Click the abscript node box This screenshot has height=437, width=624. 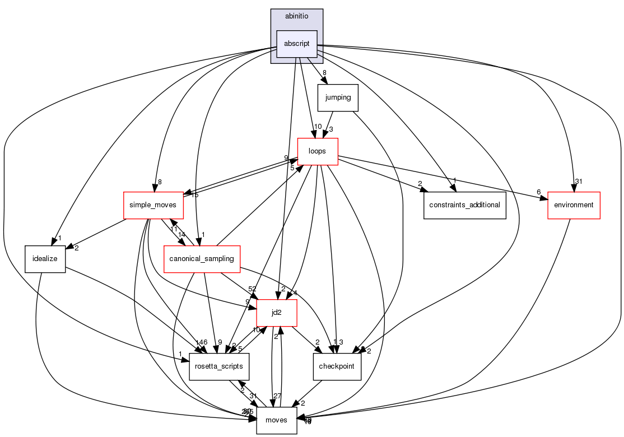(x=297, y=44)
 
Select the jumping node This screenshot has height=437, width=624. (x=338, y=97)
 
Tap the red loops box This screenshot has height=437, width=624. (x=317, y=151)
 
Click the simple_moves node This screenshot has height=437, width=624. (x=153, y=205)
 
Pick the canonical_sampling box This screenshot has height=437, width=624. (x=202, y=259)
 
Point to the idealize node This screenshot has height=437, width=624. (x=45, y=259)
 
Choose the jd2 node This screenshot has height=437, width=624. (x=276, y=313)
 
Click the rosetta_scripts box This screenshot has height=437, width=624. (x=218, y=366)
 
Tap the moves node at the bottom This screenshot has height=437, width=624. (x=276, y=420)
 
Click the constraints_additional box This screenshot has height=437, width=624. (x=465, y=205)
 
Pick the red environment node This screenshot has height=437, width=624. (x=574, y=205)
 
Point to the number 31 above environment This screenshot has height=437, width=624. (x=580, y=182)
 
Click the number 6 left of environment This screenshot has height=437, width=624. (x=539, y=192)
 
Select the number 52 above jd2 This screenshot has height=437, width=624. (x=253, y=289)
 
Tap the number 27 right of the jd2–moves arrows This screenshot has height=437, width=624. (x=277, y=397)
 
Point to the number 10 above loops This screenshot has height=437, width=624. (x=318, y=126)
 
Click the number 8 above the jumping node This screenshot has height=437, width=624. (x=324, y=73)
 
